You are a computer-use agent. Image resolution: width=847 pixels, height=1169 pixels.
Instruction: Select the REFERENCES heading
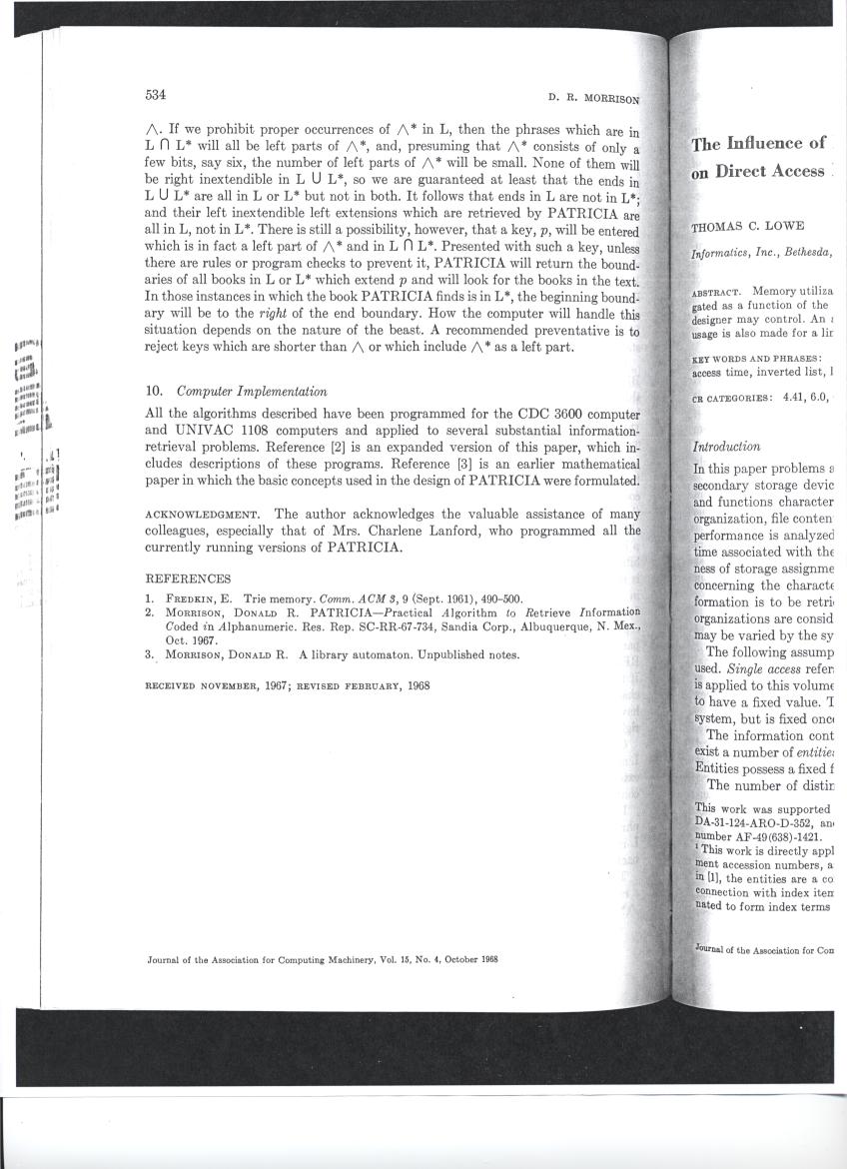tap(189, 579)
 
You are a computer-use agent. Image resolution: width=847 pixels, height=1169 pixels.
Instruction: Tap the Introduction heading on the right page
tap(726, 447)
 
